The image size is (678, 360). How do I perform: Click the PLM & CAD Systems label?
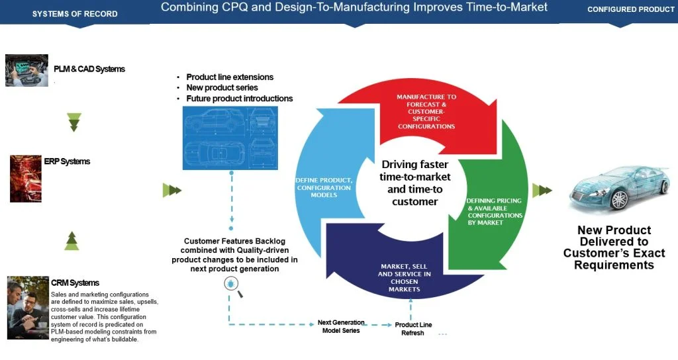point(89,69)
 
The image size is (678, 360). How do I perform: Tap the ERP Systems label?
point(67,161)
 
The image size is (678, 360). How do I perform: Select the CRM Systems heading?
point(75,283)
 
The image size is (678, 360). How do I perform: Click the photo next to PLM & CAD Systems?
point(26,70)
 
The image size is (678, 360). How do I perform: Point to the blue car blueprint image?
point(231,137)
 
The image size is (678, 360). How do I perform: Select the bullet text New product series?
point(222,88)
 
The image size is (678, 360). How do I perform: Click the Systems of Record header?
point(75,14)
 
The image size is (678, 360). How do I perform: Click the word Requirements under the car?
point(614,265)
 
